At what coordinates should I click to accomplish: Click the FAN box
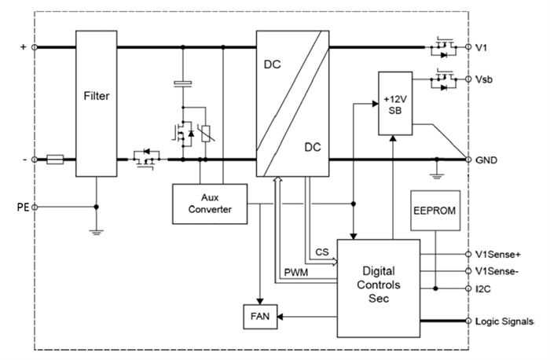pos(259,317)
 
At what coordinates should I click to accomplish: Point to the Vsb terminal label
pos(486,81)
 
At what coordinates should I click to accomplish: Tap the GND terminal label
pos(487,159)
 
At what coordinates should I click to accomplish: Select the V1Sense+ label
pos(498,255)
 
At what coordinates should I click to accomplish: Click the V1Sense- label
pos(497,271)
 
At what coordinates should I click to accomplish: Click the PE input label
pos(23,208)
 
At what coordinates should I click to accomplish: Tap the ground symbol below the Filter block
pos(97,232)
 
